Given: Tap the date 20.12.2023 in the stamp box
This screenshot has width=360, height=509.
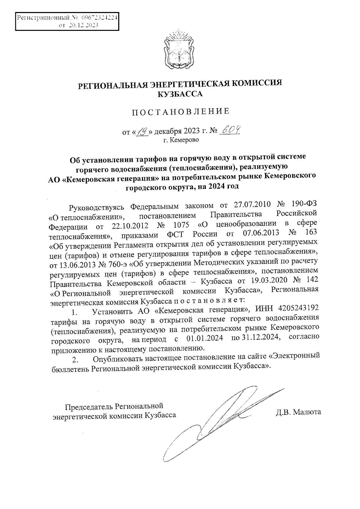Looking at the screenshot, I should point(83,25).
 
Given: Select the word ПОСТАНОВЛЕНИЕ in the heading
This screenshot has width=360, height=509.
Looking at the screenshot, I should point(181,112).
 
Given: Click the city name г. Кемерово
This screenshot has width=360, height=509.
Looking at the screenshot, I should point(181,140).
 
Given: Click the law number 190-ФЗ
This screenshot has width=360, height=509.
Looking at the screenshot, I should point(304,206).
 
